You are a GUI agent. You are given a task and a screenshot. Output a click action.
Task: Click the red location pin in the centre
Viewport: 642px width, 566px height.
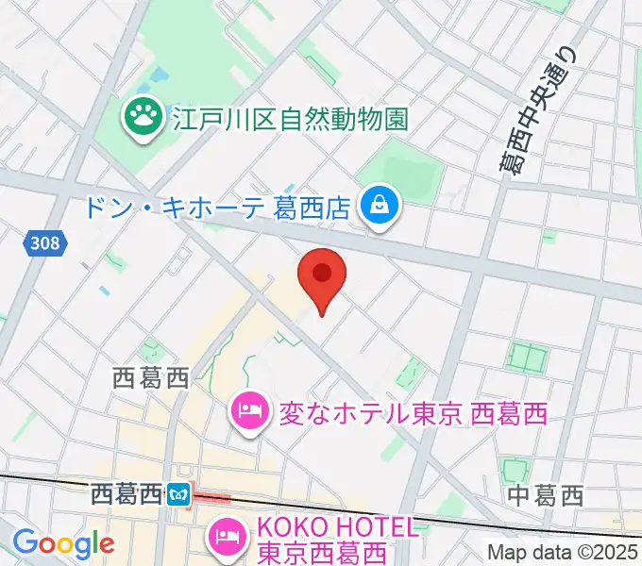coord(322,275)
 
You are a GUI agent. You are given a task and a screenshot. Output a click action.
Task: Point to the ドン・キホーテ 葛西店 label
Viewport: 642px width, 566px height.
coord(226,206)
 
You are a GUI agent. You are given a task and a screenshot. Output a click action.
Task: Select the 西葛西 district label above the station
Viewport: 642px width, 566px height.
coord(151,379)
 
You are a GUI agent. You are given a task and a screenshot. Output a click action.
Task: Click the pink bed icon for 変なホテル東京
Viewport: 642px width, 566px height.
coord(248,412)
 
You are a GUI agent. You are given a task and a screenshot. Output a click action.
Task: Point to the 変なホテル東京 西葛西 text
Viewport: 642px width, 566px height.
coord(413,413)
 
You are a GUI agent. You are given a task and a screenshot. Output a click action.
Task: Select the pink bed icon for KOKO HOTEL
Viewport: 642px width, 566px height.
coord(226,538)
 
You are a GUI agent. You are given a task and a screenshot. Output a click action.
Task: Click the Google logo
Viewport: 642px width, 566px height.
coord(62,544)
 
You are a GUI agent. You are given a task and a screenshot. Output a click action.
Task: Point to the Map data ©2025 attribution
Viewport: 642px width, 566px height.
coord(563,553)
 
